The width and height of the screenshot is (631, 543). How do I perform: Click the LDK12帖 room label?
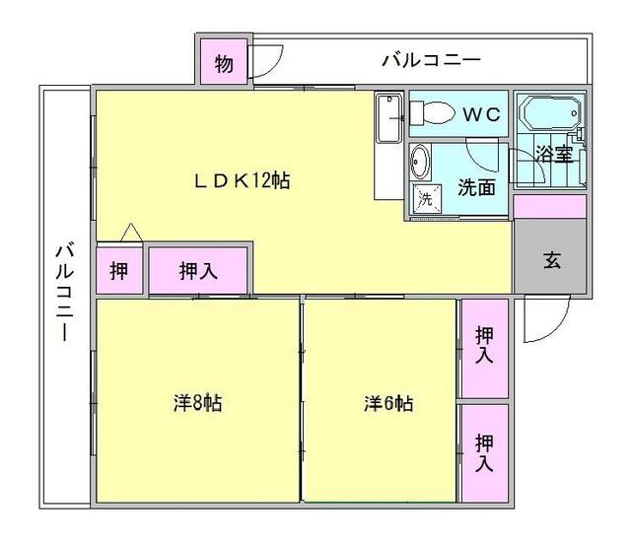[241, 181]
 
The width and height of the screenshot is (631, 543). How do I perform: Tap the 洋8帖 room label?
[197, 403]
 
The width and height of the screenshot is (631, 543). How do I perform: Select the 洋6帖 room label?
[387, 403]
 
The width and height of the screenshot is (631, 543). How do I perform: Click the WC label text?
[483, 114]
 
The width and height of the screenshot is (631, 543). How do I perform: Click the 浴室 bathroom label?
[553, 154]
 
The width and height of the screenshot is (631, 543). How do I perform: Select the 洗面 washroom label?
[476, 187]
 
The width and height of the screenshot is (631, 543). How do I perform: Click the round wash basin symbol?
[420, 161]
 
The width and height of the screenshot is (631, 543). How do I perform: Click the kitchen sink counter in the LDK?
[388, 143]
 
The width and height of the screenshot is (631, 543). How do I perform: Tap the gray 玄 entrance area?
[550, 262]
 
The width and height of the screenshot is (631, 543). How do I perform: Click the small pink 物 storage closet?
[224, 65]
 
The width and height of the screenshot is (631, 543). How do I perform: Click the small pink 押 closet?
[118, 271]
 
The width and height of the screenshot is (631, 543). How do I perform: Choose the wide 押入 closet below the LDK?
[198, 271]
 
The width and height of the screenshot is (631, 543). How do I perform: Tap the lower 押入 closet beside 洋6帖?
[483, 452]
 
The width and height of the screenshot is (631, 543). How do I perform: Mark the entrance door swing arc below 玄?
[543, 316]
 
